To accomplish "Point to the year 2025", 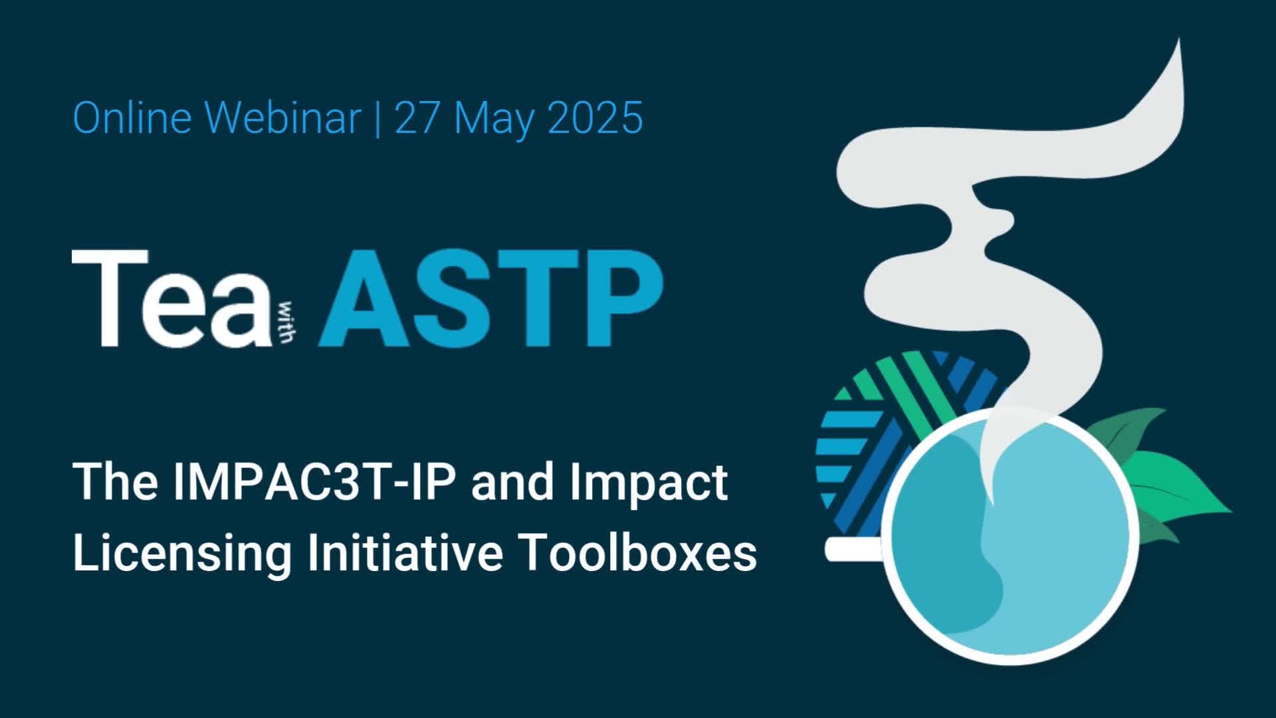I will point(595,118).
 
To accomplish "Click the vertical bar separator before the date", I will point(378,118).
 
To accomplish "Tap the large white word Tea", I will point(171,299).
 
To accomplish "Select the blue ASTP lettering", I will point(491,299).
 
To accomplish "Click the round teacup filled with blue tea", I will point(1010,538).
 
